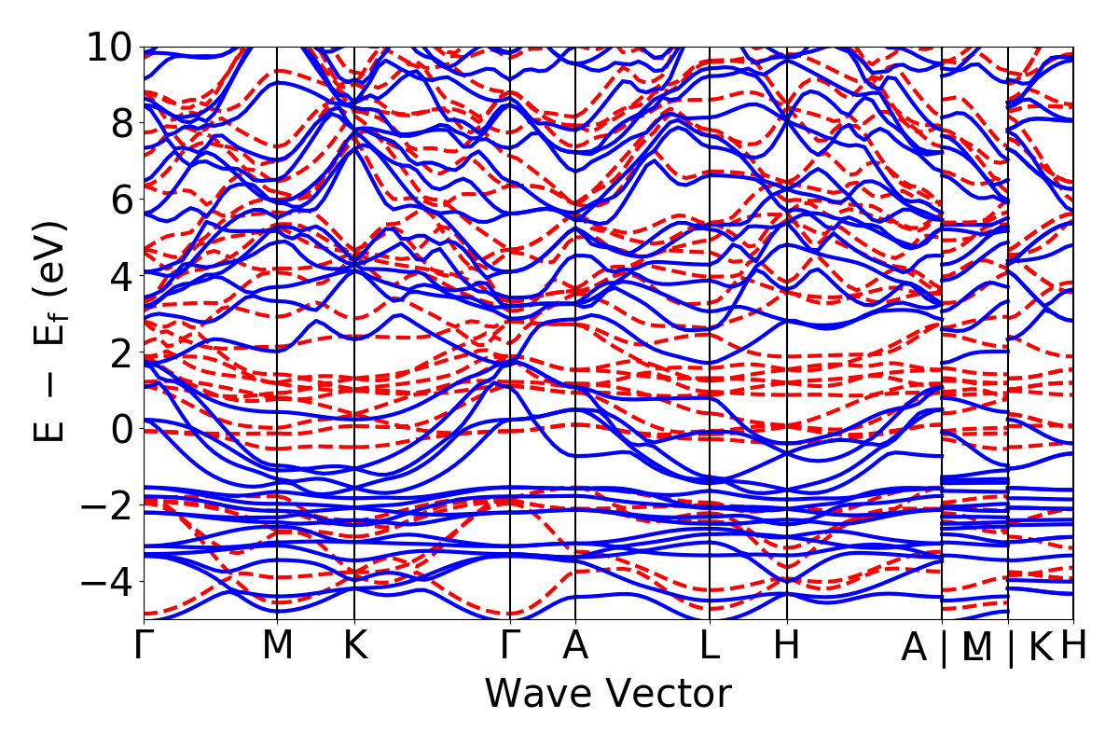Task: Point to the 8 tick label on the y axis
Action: (x=118, y=123)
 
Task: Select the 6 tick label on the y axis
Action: (x=118, y=200)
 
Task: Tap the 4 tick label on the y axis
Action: (x=118, y=276)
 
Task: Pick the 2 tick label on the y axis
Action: (x=118, y=352)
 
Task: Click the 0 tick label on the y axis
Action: (x=118, y=429)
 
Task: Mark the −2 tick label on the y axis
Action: (x=106, y=505)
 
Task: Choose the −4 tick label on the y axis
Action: (x=106, y=582)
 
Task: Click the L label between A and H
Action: (x=711, y=646)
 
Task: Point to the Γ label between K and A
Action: (x=510, y=646)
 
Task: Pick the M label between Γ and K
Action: (x=277, y=646)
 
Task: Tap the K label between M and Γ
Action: (x=354, y=646)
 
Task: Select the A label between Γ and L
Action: (x=575, y=646)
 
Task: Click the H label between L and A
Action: (x=787, y=646)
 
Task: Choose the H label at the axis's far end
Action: (x=1074, y=646)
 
